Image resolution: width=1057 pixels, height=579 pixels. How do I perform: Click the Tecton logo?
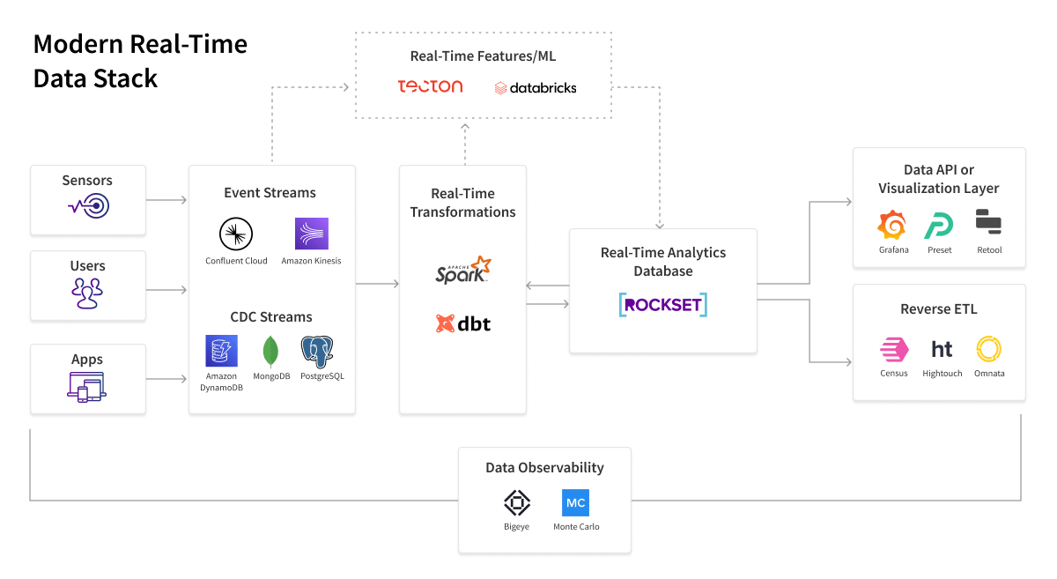[x=430, y=86]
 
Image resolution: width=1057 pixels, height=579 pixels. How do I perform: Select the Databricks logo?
[x=536, y=88]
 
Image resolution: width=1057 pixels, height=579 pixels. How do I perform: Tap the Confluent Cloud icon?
[x=236, y=234]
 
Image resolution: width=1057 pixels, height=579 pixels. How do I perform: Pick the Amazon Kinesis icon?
[x=311, y=234]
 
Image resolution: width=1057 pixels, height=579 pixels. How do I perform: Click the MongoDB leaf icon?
[x=271, y=352]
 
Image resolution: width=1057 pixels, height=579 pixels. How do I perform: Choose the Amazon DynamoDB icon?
[x=221, y=351]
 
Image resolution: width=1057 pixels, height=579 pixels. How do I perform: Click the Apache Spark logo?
[x=462, y=270]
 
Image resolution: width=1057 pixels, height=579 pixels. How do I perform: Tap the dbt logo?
[x=462, y=323]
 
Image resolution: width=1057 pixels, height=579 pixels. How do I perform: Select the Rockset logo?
[x=662, y=304]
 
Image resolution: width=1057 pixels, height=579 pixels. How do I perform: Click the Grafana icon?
[x=892, y=226]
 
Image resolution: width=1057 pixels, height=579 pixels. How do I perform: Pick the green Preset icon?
[x=939, y=226]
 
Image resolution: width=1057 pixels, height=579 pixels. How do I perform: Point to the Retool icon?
[x=988, y=222]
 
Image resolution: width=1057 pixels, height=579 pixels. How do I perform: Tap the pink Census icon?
[x=893, y=350]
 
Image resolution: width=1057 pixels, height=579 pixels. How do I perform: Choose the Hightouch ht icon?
[x=942, y=349]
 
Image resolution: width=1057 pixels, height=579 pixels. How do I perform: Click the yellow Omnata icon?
[x=989, y=350]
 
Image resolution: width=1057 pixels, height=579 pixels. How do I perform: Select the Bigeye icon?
[x=516, y=503]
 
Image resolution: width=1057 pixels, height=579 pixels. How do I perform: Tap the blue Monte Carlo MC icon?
[x=575, y=503]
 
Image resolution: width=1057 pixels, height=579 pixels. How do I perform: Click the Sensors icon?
[x=88, y=207]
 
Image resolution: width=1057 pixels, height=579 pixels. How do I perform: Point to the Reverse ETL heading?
[x=938, y=309]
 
